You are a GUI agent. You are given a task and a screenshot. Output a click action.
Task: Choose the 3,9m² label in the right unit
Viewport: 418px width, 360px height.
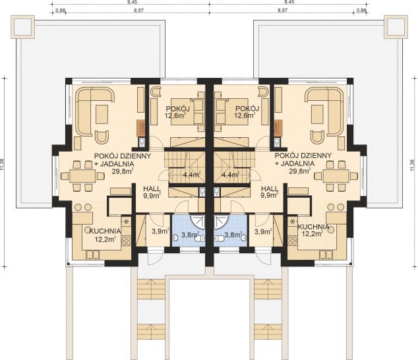(x=262, y=232)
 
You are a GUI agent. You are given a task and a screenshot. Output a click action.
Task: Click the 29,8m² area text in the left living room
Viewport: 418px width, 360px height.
(x=123, y=171)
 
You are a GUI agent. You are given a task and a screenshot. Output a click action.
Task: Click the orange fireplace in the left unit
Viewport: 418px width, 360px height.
(x=140, y=128)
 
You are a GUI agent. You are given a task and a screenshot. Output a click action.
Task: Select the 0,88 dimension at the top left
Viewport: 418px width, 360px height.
(x=61, y=11)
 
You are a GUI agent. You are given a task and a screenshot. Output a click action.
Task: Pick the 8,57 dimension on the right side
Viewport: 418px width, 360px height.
(x=282, y=11)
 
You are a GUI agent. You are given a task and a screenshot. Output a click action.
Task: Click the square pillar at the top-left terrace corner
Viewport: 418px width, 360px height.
(x=22, y=26)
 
